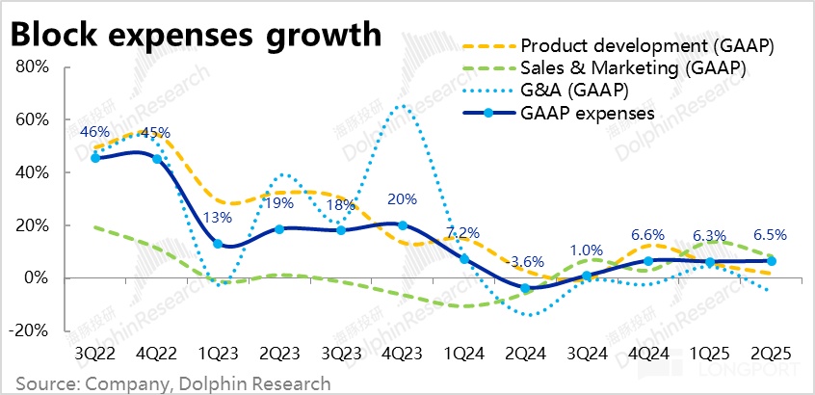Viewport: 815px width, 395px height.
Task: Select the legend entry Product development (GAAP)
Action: click(x=646, y=45)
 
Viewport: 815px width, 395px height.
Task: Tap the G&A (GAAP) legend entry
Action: click(x=574, y=91)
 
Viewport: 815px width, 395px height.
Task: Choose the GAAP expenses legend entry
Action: click(x=587, y=113)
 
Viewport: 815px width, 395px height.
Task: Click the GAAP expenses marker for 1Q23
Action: click(x=219, y=244)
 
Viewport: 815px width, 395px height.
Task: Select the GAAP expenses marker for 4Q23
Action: click(x=403, y=225)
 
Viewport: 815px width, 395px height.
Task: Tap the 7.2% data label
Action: click(x=464, y=233)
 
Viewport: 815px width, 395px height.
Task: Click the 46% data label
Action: click(x=94, y=131)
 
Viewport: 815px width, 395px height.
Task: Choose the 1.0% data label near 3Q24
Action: click(x=587, y=250)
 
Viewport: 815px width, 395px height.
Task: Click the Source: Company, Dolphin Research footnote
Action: click(x=167, y=382)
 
